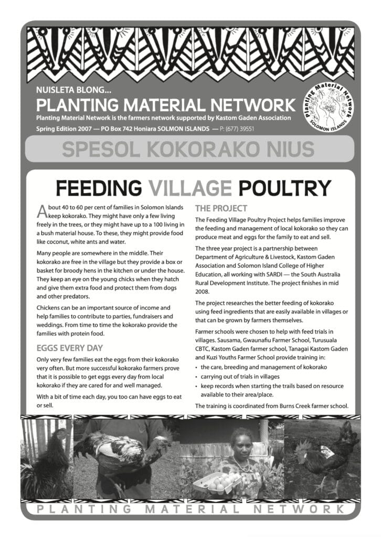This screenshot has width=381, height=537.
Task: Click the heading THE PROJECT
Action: [x=221, y=208]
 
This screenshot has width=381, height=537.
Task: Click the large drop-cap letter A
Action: [x=43, y=211]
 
